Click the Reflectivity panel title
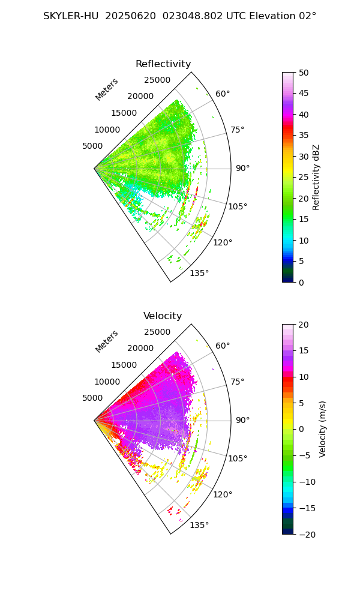(163, 64)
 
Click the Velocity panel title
(163, 316)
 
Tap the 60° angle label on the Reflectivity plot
(223, 94)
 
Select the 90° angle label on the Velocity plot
(242, 420)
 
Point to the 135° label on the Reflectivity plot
(199, 274)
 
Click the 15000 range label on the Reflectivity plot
(124, 113)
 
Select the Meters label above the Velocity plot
(107, 341)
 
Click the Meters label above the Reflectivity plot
(107, 89)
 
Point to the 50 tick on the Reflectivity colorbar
(304, 73)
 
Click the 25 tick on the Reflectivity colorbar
(304, 177)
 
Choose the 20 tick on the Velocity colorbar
(304, 325)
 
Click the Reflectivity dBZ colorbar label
(316, 177)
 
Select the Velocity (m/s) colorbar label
(323, 429)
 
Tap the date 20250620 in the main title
(128, 16)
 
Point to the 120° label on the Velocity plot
(223, 494)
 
